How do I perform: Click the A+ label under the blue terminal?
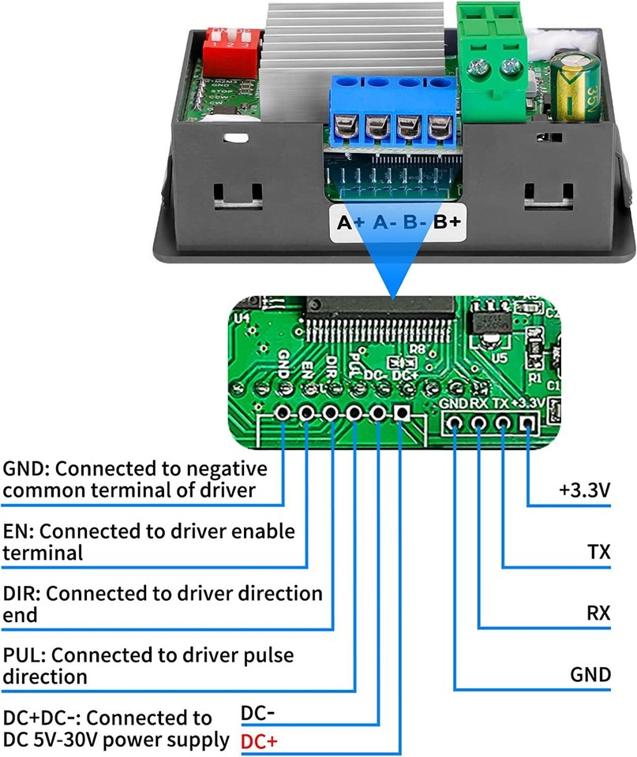tap(350, 222)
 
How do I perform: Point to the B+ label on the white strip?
tap(447, 222)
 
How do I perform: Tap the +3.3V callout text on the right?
tap(584, 490)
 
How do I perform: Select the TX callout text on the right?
tap(598, 551)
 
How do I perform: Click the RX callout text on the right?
tap(598, 613)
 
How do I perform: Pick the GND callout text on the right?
tap(590, 674)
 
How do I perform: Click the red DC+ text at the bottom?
tap(258, 741)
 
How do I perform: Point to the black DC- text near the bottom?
tap(257, 714)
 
